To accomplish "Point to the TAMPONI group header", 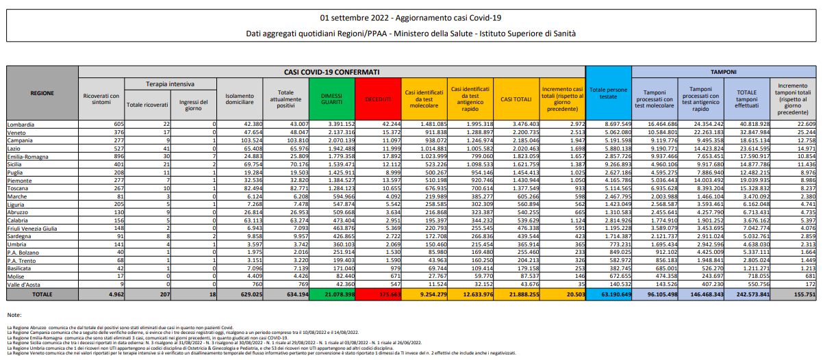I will tap(722, 71).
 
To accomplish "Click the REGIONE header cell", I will tap(42, 92).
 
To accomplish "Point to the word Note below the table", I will tap(15, 314).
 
